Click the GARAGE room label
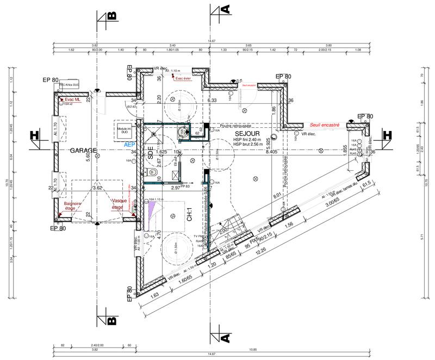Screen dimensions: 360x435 82,151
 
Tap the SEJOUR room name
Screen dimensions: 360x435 247,133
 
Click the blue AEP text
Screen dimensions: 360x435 129,145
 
